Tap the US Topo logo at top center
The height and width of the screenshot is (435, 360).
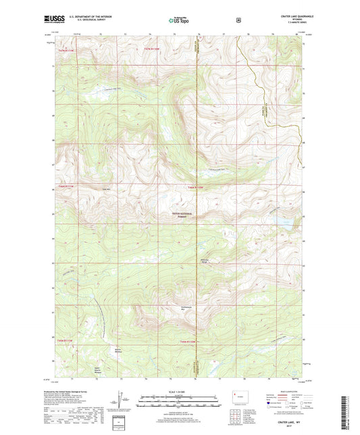coord(179,20)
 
